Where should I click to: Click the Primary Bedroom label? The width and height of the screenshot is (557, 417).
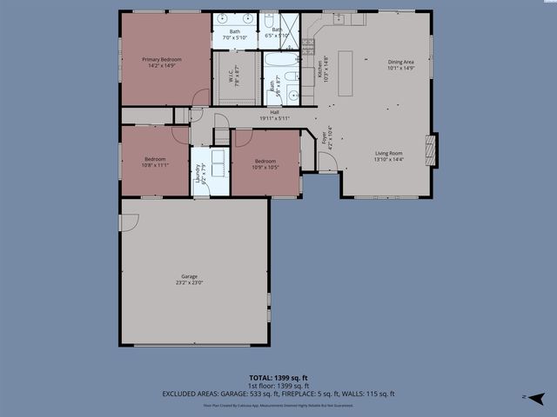[x=162, y=59]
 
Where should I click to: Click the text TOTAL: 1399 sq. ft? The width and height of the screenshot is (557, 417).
[x=278, y=378]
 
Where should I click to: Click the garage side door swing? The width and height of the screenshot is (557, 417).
[x=128, y=222]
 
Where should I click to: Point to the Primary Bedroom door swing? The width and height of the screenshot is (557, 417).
[x=201, y=97]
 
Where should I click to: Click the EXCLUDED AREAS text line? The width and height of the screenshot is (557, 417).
[x=278, y=394]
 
